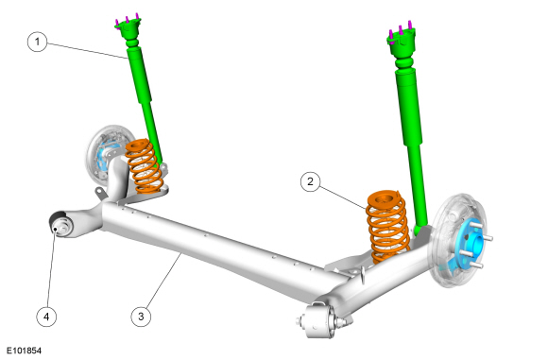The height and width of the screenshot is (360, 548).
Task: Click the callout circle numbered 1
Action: (x=37, y=42)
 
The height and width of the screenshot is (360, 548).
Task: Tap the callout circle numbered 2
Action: (x=310, y=181)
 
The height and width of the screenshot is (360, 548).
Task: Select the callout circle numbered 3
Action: (x=141, y=317)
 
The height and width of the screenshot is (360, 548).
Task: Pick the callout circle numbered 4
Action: (x=46, y=317)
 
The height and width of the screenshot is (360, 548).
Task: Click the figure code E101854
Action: (x=25, y=351)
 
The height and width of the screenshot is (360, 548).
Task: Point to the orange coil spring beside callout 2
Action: (x=387, y=227)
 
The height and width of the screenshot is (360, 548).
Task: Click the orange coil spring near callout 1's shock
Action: (x=144, y=166)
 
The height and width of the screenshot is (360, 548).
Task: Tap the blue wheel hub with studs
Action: (x=472, y=244)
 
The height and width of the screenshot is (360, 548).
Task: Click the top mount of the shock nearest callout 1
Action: (x=128, y=27)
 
